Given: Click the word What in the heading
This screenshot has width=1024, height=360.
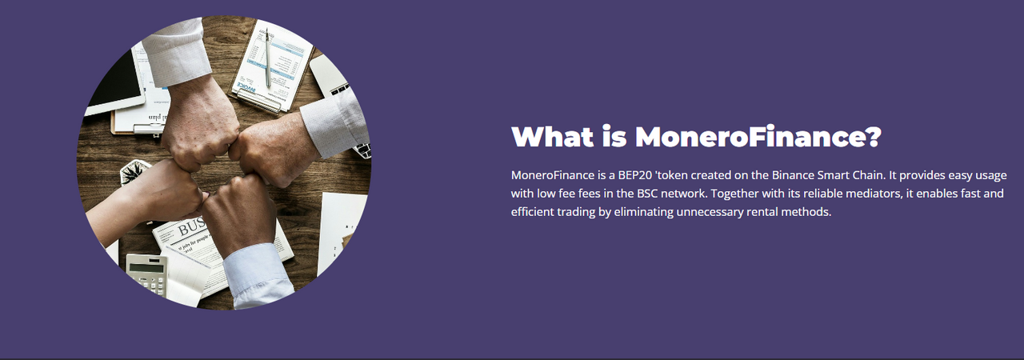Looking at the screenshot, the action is (552, 136).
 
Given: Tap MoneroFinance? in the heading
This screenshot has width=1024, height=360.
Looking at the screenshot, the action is (758, 136).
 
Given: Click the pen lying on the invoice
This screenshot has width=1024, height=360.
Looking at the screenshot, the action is (267, 57).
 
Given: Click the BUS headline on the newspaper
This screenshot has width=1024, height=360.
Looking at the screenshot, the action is (191, 227).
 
